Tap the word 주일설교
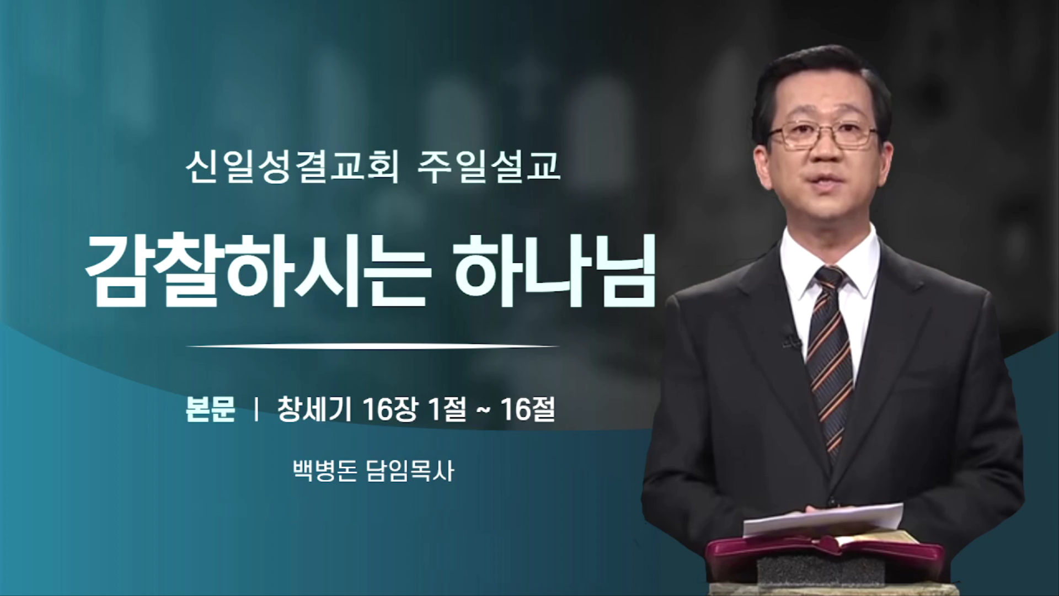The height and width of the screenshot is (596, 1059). (x=489, y=167)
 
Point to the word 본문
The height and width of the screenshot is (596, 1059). (x=211, y=409)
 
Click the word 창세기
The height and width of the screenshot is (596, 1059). (x=314, y=409)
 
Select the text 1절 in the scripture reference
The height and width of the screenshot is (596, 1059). (x=447, y=409)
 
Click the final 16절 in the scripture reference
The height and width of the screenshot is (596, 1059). (x=528, y=409)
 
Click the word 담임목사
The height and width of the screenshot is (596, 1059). (x=410, y=471)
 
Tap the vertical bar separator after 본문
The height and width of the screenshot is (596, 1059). (x=256, y=409)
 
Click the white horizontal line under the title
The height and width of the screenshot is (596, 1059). (x=373, y=346)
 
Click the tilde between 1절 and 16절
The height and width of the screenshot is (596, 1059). (x=483, y=411)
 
